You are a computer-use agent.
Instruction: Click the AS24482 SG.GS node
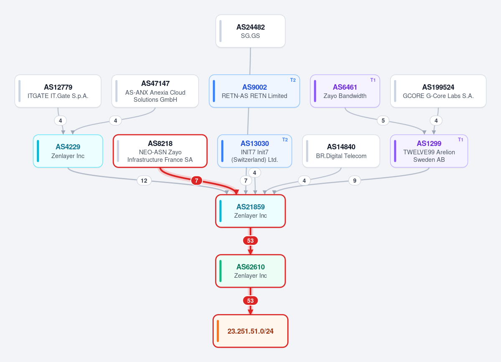pyautogui.click(x=250, y=31)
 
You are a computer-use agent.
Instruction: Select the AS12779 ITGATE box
pyautogui.click(x=58, y=91)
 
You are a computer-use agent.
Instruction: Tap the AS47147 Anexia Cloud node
pyautogui.click(x=155, y=91)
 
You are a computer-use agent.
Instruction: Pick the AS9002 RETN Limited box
pyautogui.click(x=254, y=91)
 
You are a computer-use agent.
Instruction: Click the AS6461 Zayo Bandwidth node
pyautogui.click(x=345, y=91)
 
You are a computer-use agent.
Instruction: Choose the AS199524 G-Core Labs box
pyautogui.click(x=438, y=91)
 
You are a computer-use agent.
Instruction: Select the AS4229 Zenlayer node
pyautogui.click(x=68, y=151)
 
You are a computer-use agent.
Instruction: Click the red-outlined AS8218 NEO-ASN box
pyautogui.click(x=160, y=151)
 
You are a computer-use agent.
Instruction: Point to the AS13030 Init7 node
pyautogui.click(x=255, y=151)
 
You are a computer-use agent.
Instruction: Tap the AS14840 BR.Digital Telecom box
pyautogui.click(x=341, y=151)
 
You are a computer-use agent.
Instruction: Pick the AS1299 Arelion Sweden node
pyautogui.click(x=429, y=151)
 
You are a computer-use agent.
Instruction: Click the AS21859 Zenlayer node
pyautogui.click(x=250, y=211)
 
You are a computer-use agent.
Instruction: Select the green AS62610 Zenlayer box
pyautogui.click(x=250, y=271)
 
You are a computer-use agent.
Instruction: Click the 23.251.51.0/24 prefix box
pyautogui.click(x=250, y=331)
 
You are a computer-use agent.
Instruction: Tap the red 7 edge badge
pyautogui.click(x=197, y=181)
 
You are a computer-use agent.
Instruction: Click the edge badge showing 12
pyautogui.click(x=144, y=181)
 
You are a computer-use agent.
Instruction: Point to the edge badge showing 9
pyautogui.click(x=355, y=181)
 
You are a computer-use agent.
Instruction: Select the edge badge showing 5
pyautogui.click(x=383, y=121)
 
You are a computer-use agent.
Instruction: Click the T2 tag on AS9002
pyautogui.click(x=293, y=80)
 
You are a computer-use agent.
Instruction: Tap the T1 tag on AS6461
pyautogui.click(x=373, y=80)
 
